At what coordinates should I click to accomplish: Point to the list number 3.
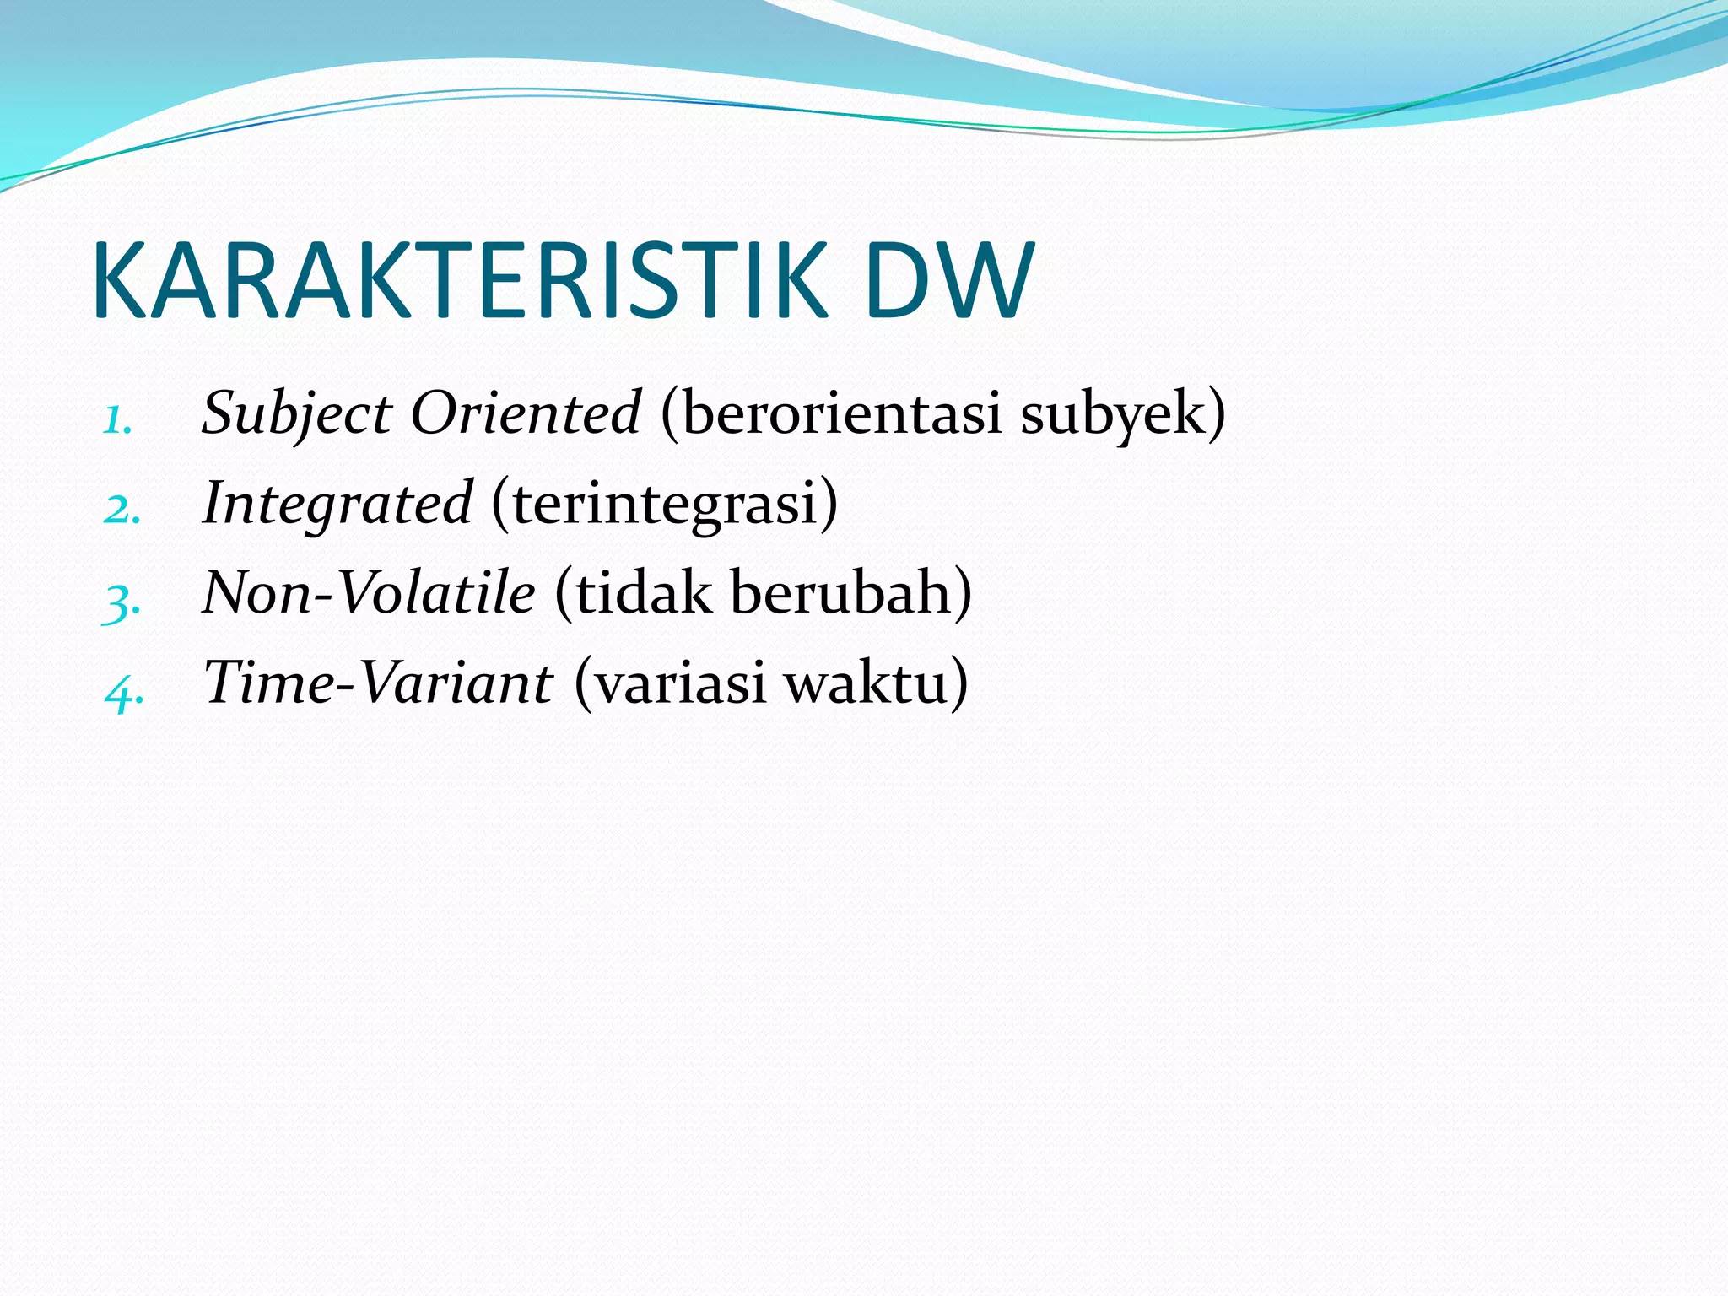click(121, 601)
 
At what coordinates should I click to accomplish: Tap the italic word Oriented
click(525, 413)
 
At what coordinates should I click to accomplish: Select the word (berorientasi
click(831, 413)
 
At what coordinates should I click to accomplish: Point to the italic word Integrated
click(337, 504)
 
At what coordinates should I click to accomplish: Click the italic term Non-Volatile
click(369, 592)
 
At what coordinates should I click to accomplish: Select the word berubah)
click(851, 592)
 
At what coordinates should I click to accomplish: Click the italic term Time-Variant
click(378, 683)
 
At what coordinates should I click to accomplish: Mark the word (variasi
click(670, 683)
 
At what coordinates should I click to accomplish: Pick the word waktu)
click(877, 683)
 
